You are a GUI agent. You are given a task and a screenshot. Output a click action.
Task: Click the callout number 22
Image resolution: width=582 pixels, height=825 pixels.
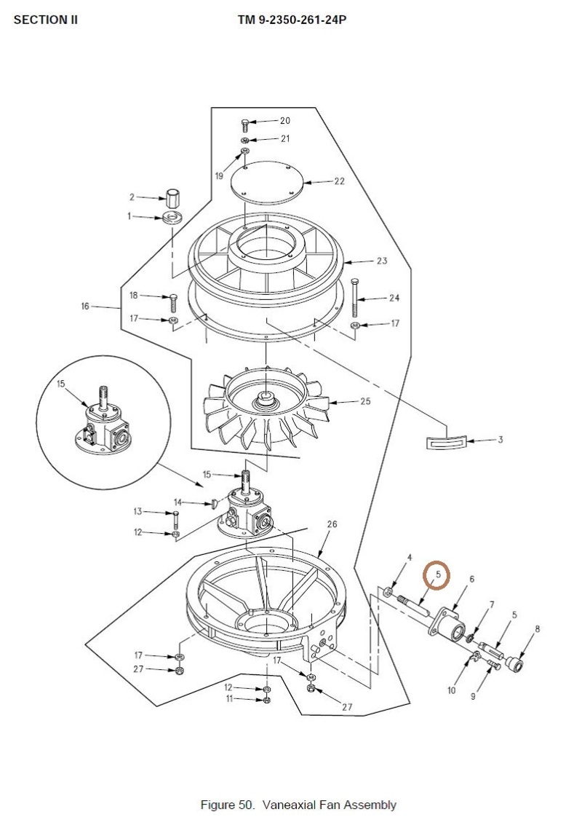click(x=340, y=181)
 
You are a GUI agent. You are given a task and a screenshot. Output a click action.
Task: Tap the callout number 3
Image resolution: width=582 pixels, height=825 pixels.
click(x=500, y=439)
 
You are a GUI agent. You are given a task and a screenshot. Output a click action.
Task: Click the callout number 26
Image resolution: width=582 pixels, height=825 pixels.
click(x=332, y=524)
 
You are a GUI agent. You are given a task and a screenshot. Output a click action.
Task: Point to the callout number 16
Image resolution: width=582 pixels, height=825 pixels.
click(x=85, y=306)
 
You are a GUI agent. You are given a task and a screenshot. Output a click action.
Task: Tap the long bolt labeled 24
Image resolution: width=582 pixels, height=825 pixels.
click(x=356, y=297)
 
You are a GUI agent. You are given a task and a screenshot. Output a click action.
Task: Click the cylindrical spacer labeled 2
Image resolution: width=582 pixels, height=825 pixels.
click(x=173, y=198)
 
